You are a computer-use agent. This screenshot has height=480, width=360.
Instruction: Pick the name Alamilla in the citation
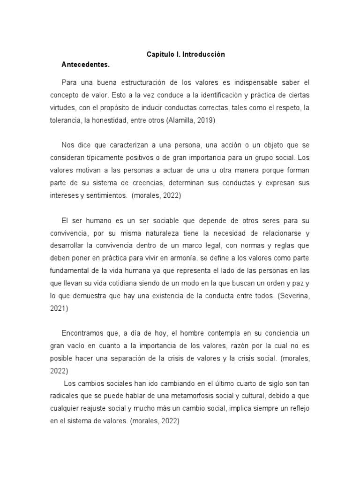coord(180,120)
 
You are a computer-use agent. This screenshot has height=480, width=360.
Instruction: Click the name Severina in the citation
coord(294,295)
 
